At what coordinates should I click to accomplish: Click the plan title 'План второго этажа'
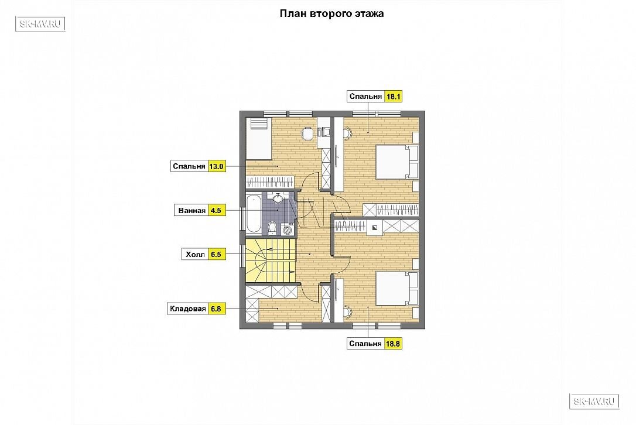point(332,13)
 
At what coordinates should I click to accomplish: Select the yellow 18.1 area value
point(393,97)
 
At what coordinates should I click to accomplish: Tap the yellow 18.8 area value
point(392,344)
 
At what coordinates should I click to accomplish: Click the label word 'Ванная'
point(192,211)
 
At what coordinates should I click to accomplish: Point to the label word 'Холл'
point(195,254)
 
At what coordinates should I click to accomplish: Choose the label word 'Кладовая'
point(188,309)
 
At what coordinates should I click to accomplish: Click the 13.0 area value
point(216,166)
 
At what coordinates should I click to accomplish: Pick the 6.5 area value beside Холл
point(216,254)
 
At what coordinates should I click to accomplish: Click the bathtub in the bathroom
point(254,214)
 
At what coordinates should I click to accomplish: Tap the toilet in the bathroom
point(272,228)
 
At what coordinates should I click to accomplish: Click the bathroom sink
point(278,198)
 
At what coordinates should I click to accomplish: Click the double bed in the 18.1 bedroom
point(396,162)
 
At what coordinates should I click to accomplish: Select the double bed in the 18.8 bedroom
point(396,289)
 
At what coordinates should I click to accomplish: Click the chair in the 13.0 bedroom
point(308,133)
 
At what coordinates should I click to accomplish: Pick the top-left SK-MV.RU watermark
point(40,24)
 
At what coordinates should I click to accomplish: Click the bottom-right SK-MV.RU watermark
point(594,402)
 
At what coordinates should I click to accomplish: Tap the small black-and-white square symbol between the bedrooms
point(375,228)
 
